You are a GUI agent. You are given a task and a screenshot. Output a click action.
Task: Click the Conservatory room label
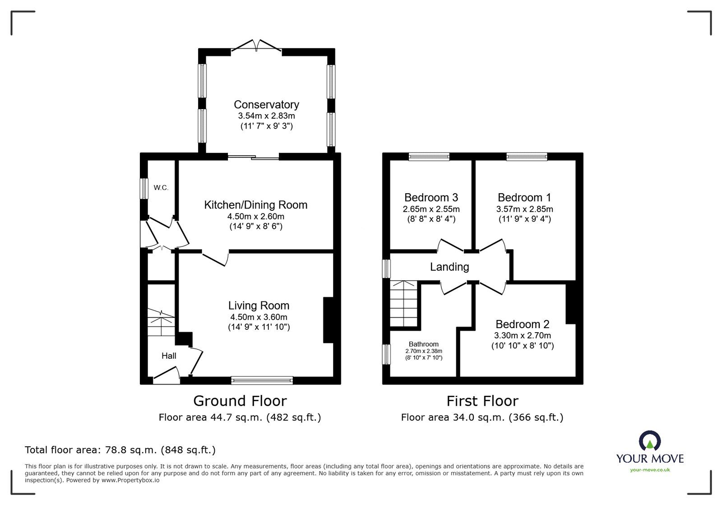point(266,105)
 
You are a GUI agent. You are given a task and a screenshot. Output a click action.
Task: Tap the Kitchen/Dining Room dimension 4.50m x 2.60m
point(255,216)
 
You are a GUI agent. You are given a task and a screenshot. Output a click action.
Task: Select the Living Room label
point(259,306)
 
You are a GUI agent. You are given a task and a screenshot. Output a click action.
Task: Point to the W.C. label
point(161,188)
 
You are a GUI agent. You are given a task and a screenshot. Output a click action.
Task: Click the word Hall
point(169,356)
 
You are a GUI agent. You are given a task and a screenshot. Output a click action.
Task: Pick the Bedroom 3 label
point(431,197)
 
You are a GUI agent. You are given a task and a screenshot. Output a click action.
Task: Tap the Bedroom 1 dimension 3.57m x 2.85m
point(524,209)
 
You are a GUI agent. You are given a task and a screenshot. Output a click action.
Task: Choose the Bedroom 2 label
point(523,324)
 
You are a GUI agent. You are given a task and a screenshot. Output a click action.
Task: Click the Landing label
point(449,267)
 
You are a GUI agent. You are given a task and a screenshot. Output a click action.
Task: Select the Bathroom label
point(423,344)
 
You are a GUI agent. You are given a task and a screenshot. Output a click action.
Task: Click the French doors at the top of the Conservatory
point(257,46)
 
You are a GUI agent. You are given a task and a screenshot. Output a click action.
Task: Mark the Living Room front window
point(262,380)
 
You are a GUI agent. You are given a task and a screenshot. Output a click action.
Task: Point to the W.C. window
point(144,188)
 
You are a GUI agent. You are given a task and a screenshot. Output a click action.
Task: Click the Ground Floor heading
point(240,401)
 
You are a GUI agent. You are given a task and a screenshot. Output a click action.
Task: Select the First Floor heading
point(482,401)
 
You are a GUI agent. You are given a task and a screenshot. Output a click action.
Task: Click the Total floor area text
point(120,449)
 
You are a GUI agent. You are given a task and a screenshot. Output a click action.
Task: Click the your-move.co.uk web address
point(650,470)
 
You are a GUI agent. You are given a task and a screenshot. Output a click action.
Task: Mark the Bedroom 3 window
point(429,157)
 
